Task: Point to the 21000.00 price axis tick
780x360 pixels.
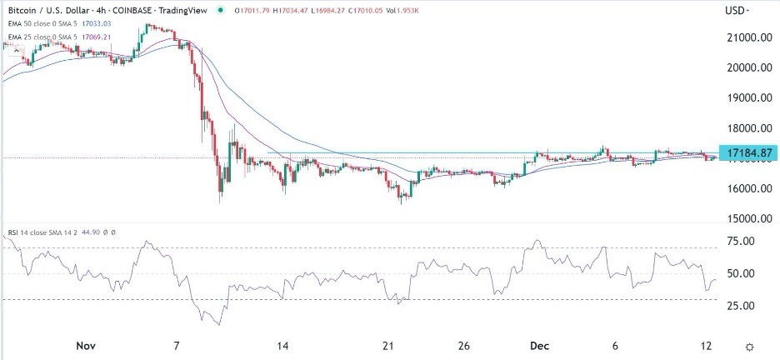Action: [746, 37]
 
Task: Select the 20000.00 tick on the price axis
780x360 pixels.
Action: [746, 67]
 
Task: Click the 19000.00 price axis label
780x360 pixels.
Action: [746, 97]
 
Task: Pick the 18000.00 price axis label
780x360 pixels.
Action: [746, 128]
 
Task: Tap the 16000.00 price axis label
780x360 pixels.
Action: [746, 188]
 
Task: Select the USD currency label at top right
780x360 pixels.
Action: [737, 10]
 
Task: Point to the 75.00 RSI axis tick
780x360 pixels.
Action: [742, 241]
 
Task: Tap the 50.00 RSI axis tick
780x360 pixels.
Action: [742, 273]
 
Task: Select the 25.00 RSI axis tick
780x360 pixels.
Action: [742, 306]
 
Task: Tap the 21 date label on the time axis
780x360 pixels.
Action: [387, 346]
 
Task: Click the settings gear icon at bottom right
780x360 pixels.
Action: [750, 346]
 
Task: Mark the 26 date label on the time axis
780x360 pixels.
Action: [465, 346]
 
